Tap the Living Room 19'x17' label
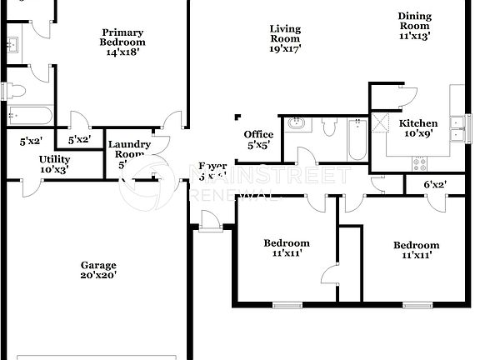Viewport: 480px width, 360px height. [x=285, y=38]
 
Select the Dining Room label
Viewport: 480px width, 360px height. [x=414, y=26]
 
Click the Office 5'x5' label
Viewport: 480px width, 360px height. [x=258, y=140]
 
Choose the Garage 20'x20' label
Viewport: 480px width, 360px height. [x=98, y=270]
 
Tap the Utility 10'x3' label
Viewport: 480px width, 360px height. [x=54, y=164]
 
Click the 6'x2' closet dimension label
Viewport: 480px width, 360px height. [x=435, y=185]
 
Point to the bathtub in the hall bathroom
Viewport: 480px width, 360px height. [x=356, y=137]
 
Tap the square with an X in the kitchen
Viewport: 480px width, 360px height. [x=381, y=123]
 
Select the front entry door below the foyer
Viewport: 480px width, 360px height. [x=208, y=220]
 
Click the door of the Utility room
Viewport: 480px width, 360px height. [x=30, y=187]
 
